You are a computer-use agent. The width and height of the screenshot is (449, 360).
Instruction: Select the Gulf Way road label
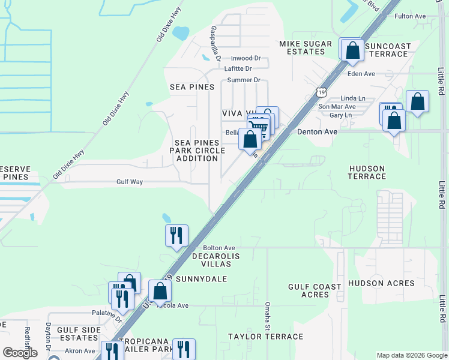pyautogui.click(x=130, y=182)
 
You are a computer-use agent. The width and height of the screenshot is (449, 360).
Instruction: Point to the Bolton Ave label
pyautogui.click(x=218, y=248)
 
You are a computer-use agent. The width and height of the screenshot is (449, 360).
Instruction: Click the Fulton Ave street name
pyautogui.click(x=409, y=16)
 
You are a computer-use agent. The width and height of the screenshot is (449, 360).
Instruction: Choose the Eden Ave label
pyautogui.click(x=361, y=74)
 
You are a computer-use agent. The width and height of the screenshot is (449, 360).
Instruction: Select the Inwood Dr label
pyautogui.click(x=246, y=59)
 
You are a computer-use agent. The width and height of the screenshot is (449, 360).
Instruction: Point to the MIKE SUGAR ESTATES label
pyautogui.click(x=302, y=47)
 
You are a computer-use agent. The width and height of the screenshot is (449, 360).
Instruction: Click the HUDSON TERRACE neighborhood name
pyautogui.click(x=366, y=173)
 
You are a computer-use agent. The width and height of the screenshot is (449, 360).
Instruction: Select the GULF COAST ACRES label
pyautogui.click(x=315, y=291)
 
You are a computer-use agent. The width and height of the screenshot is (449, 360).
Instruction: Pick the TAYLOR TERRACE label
pyautogui.click(x=265, y=337)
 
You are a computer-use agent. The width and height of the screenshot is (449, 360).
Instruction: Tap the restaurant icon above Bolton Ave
pyautogui.click(x=176, y=235)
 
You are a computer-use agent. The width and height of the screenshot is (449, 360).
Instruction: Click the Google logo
pyautogui.click(x=20, y=353)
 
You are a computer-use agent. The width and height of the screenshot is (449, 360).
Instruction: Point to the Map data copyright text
pyautogui.click(x=411, y=355)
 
